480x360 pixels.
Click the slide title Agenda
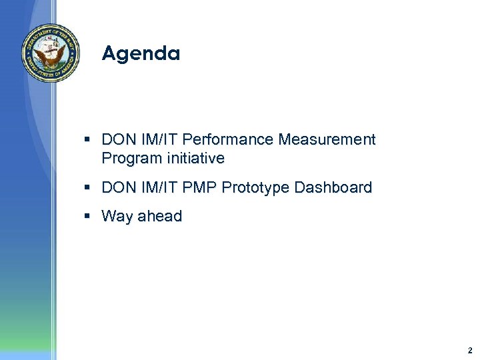coord(141,53)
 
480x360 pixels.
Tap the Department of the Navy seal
coord(50,53)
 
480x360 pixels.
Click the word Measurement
coord(327,140)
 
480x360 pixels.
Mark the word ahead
coord(159,217)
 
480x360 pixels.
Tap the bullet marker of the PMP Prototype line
coord(88,188)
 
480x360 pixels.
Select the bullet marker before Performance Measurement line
coord(88,140)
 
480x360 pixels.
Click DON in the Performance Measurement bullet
coord(118,140)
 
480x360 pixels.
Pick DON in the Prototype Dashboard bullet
coord(118,188)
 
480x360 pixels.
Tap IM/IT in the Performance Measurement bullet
coord(159,140)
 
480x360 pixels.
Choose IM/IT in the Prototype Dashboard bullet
coord(159,188)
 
